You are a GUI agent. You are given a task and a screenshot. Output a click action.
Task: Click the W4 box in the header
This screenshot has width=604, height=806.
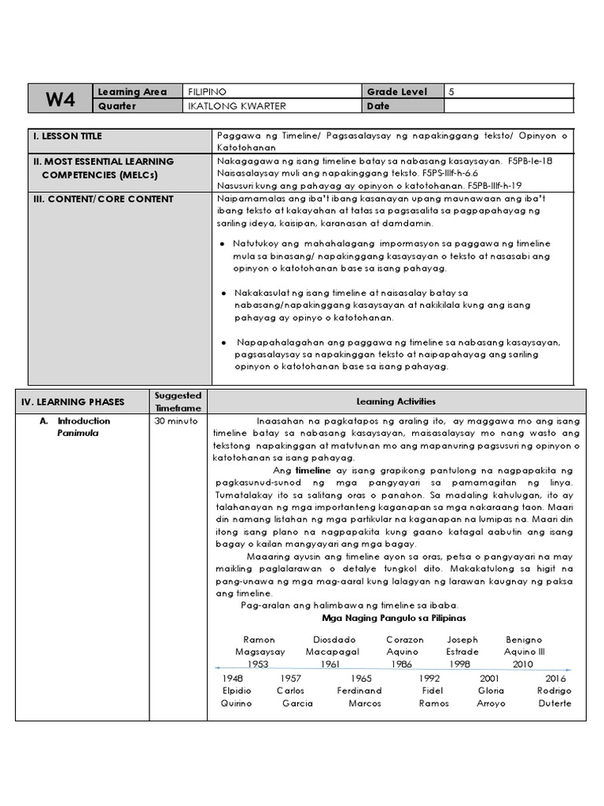60,98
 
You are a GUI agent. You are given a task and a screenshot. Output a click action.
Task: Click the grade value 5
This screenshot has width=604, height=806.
451,92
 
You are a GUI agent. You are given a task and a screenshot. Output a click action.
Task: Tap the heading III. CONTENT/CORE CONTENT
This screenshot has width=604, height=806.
103,199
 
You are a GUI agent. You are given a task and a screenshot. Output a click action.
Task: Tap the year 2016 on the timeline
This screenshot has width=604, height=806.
554,678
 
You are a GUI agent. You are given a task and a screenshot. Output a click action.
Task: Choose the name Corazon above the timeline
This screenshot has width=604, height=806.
405,640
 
